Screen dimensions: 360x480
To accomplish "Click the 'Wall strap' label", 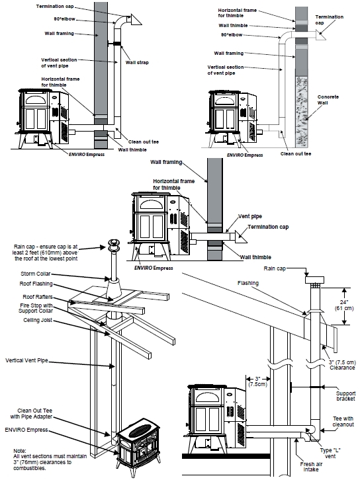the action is point(136,62).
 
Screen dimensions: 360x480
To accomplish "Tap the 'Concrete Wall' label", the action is point(328,100).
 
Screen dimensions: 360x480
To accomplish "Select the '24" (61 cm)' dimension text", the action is point(343,305).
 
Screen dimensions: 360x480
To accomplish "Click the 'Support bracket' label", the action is point(345,395).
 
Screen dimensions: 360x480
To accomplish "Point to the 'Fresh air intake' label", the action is point(311,467).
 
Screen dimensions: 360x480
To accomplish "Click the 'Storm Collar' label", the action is point(35,274).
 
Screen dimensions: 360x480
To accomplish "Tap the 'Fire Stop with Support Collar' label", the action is point(36,308).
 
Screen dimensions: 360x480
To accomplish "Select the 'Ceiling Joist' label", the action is point(38,320).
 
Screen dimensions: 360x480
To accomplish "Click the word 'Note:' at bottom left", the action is point(20,451).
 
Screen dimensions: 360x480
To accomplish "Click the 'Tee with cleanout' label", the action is point(343,421).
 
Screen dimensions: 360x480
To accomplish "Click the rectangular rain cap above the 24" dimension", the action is point(314,280).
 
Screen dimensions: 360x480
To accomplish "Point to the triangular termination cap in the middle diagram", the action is point(241,237).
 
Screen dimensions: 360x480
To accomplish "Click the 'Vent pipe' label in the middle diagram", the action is point(250,216).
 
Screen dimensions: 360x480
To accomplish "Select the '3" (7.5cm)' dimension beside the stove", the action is point(257,381).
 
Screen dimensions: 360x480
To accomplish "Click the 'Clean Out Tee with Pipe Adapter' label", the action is point(31,414).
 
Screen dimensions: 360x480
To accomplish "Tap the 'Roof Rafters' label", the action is point(37,297).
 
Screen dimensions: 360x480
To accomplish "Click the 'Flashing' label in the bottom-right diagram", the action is point(248,283).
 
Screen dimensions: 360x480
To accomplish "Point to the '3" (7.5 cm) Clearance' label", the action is point(342,365).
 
